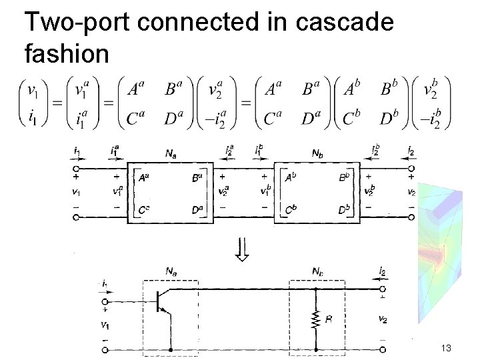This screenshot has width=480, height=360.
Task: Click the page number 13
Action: click(x=446, y=349)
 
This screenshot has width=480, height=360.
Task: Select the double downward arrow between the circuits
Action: click(x=243, y=249)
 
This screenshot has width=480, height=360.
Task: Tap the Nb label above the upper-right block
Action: click(x=318, y=153)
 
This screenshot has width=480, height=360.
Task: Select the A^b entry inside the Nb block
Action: click(x=291, y=178)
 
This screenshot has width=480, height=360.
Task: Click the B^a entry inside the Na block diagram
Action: click(x=197, y=178)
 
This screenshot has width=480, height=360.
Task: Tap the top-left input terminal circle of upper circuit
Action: click(x=75, y=169)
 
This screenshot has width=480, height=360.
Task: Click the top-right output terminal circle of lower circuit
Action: click(x=382, y=289)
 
